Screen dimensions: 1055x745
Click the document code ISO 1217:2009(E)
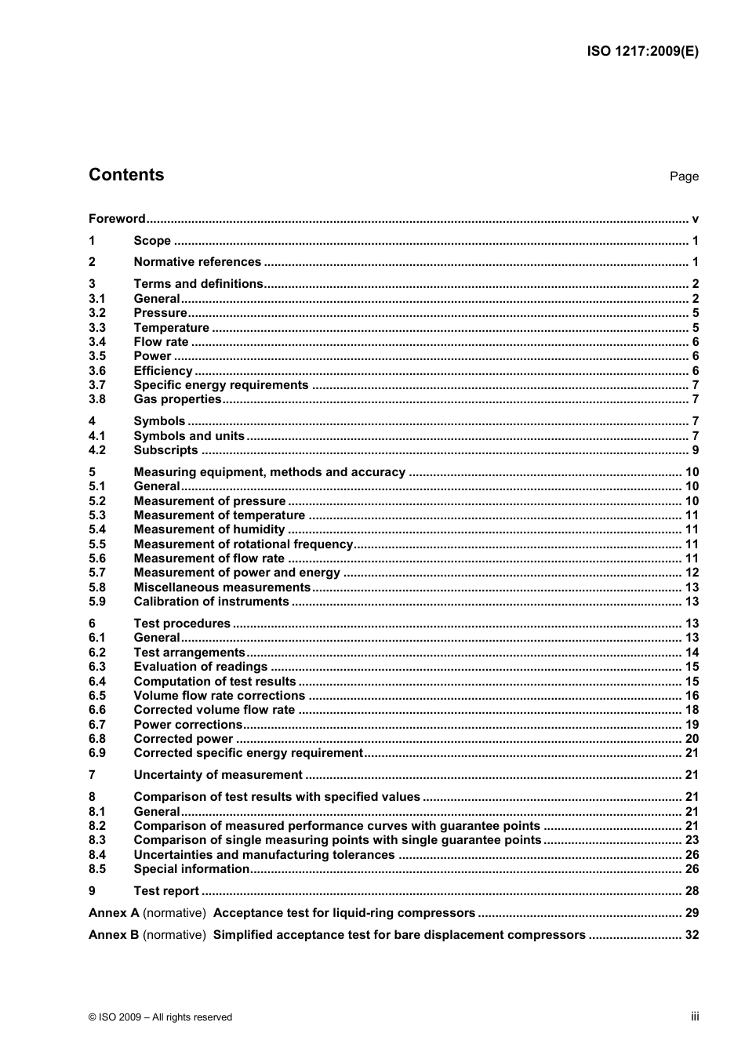click(x=642, y=52)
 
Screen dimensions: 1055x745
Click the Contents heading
click(x=126, y=175)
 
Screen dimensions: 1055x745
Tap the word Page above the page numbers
click(x=684, y=176)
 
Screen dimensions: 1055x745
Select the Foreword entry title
click(x=117, y=219)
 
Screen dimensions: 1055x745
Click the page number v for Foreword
click(x=695, y=219)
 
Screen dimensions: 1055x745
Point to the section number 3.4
click(x=96, y=342)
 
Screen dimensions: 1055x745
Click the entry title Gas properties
click(x=177, y=399)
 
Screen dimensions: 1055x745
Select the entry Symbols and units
click(x=189, y=436)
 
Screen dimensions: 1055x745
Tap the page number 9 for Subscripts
click(x=695, y=450)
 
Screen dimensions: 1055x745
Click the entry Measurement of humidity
click(x=209, y=529)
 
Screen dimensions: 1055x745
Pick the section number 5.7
click(x=96, y=573)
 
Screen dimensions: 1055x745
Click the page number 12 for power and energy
click(x=692, y=573)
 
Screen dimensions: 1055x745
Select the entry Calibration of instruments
click(x=211, y=602)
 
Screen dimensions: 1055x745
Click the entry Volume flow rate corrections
click(x=219, y=696)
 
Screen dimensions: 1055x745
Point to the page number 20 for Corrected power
click(x=692, y=739)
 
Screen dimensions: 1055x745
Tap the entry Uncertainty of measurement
click(x=217, y=775)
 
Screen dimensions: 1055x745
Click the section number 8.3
click(x=96, y=840)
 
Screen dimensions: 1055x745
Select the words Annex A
click(x=114, y=913)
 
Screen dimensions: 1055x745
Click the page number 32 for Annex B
click(x=692, y=935)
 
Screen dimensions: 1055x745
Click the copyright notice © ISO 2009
click(x=160, y=1017)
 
